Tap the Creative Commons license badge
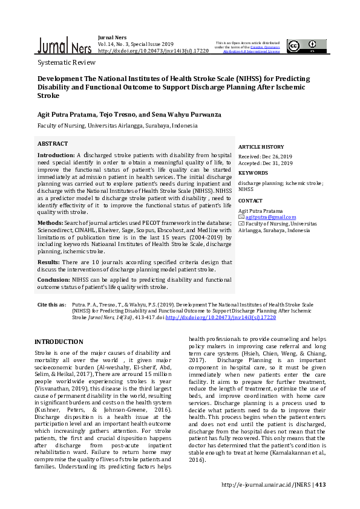tap(301, 46)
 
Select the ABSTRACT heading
tap(53, 144)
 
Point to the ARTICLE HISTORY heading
tap(261, 147)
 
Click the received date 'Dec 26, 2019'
tap(277, 157)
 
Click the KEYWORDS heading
tap(253, 173)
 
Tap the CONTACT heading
tap(250, 200)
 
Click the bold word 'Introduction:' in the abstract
tap(56, 155)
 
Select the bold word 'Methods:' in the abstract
tap(50, 223)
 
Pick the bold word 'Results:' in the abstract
tap(49, 262)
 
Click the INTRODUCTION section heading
tap(59, 342)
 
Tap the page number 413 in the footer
tap(321, 484)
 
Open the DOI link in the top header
tap(152, 51)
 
